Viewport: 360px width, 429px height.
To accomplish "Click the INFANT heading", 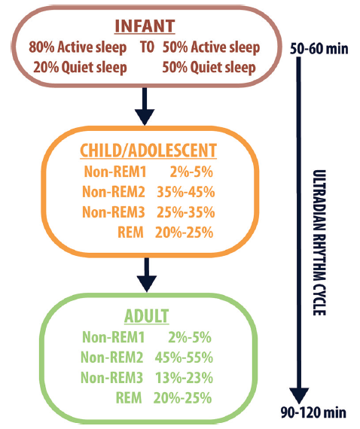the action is [x=145, y=26].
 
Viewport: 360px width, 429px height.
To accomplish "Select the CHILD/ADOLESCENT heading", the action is [x=148, y=151].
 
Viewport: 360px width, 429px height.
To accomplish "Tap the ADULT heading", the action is [x=146, y=316].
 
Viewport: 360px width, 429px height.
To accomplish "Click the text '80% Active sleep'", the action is [x=78, y=48].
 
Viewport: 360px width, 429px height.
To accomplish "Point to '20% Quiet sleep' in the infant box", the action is [x=81, y=68].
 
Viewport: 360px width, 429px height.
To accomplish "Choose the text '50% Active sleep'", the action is [x=211, y=48].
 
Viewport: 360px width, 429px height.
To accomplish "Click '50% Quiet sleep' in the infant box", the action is [x=209, y=68].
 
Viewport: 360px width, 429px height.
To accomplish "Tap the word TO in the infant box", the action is [x=147, y=47].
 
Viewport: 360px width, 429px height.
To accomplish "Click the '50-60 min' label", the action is [x=319, y=49].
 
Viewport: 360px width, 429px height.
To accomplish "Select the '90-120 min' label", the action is [x=313, y=412].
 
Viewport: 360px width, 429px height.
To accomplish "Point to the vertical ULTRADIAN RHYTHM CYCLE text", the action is [x=319, y=242].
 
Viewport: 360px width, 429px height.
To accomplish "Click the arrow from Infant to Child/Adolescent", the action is [x=145, y=106].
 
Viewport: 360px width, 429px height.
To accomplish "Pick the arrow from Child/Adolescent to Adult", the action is [x=147, y=275].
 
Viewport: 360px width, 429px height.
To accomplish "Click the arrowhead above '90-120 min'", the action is [x=300, y=396].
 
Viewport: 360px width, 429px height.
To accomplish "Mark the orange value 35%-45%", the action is [x=185, y=192].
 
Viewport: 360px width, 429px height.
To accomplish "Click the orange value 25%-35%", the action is [x=185, y=212].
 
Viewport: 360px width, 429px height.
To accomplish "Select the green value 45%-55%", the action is [x=184, y=357].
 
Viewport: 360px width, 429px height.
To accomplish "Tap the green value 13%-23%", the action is [x=184, y=378].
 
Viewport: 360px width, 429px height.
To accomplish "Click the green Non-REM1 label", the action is [x=113, y=337].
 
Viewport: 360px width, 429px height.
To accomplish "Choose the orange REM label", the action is [x=130, y=233].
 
